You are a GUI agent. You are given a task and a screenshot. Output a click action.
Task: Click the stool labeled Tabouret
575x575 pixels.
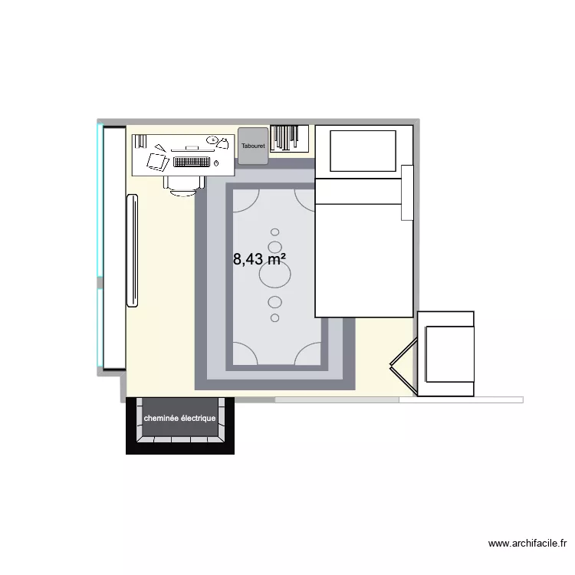coord(252,146)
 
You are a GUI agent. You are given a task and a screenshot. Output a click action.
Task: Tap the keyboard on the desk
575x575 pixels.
coord(192,162)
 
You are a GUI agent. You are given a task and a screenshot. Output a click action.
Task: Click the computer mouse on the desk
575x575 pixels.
coord(217,163)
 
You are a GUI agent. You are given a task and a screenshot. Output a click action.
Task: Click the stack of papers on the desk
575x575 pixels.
coord(157,162)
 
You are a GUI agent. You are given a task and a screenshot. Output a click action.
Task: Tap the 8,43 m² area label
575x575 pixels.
coord(260,259)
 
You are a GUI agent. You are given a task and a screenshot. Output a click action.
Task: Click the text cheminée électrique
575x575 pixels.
coord(179,419)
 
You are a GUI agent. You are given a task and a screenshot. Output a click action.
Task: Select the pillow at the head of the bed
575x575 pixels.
coord(362,150)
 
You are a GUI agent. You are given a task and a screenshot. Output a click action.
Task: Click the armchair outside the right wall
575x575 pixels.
coord(446,353)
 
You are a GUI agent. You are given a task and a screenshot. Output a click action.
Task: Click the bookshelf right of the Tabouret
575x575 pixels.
coord(289,138)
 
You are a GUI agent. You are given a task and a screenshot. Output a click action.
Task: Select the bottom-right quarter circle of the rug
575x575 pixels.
coord(308,353)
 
